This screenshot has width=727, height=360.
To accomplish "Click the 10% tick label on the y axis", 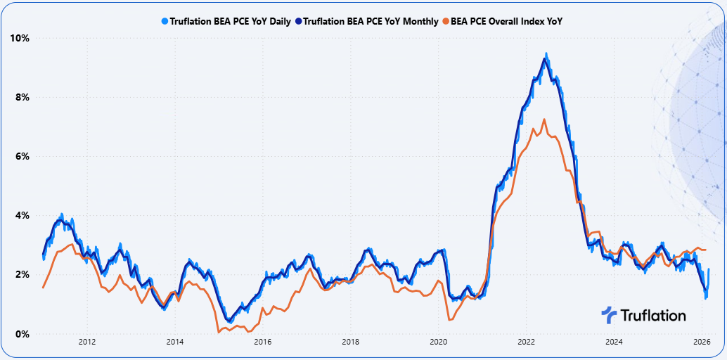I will [x=19, y=37].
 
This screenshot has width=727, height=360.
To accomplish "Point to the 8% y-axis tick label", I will [x=21, y=97].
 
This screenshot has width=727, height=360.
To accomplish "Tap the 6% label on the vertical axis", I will [x=21, y=156].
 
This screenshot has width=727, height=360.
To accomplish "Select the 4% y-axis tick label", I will [x=21, y=215].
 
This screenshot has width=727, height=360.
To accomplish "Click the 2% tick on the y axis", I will [x=21, y=274].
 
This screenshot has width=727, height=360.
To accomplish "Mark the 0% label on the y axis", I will [x=21, y=334].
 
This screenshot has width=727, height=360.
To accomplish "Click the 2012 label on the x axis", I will [x=87, y=342].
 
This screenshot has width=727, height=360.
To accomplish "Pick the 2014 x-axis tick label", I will [x=175, y=342].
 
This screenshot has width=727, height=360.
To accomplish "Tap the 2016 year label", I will [x=263, y=342].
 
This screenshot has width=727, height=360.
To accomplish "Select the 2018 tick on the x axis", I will [x=350, y=342].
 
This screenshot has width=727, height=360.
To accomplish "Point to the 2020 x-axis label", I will [x=438, y=342].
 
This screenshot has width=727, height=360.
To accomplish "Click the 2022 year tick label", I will [x=526, y=342].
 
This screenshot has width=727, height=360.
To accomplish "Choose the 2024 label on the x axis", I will [x=614, y=342].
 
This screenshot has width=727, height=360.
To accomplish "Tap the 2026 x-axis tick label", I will [x=702, y=342].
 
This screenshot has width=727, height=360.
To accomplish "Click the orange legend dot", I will [x=445, y=21].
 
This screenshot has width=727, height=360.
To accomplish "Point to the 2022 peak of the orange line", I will [x=543, y=119].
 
